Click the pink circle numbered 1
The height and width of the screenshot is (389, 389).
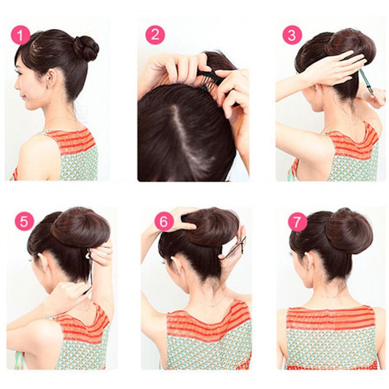point(20,35)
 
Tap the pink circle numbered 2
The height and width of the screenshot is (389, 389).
point(155,35)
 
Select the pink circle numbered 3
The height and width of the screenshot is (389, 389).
point(292,35)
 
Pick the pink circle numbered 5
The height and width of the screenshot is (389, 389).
point(24,221)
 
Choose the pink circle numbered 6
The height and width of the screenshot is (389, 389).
point(164,221)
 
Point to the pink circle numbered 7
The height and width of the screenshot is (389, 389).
point(297,222)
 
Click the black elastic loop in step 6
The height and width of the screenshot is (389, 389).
point(235,249)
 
